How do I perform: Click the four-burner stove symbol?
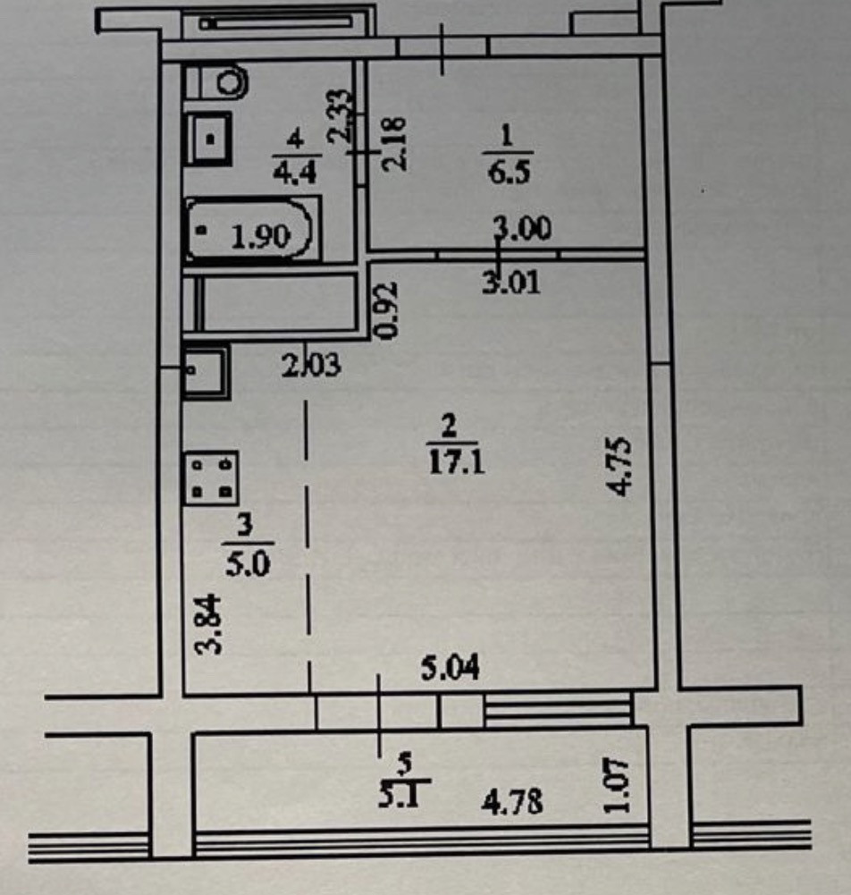coord(211,477)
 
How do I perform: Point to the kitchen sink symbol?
coord(206,371)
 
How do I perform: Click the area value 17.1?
coord(455,464)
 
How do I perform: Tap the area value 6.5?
coord(510,170)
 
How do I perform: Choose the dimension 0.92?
coord(387,311)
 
